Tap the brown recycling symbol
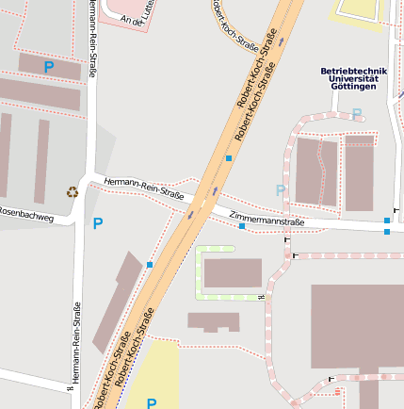pyautogui.click(x=73, y=192)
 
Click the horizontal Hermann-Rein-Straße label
pyautogui.click(x=144, y=188)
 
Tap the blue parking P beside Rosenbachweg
pyautogui.click(x=97, y=223)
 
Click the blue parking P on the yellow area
pyautogui.click(x=152, y=402)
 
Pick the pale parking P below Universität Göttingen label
pyautogui.click(x=356, y=114)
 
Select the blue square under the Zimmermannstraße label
pyautogui.click(x=242, y=226)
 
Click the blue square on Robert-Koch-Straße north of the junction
pyautogui.click(x=228, y=158)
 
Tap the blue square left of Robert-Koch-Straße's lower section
pyautogui.click(x=149, y=265)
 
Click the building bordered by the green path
pyautogui.click(x=233, y=272)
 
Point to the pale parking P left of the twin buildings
pyautogui.click(x=281, y=190)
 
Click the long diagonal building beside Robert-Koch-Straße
pyautogui.click(x=117, y=301)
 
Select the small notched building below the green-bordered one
pyautogui.click(x=213, y=321)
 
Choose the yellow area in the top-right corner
pyautogui.click(x=358, y=11)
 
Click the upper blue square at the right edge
pyautogui.click(x=386, y=221)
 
